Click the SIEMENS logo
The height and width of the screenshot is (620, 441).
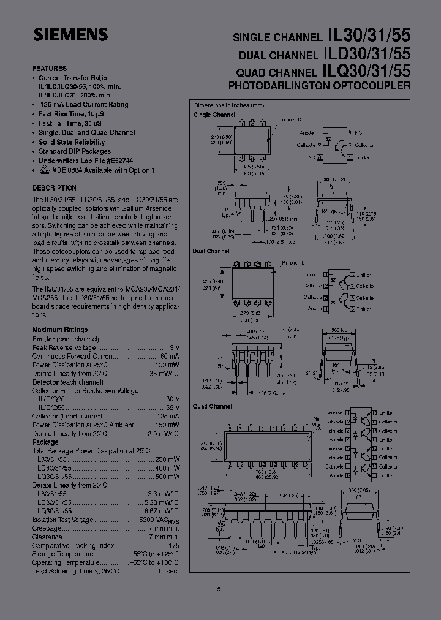pyautogui.click(x=70, y=34)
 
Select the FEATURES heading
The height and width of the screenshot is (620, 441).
pyautogui.click(x=50, y=69)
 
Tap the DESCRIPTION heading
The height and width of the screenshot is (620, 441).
pyautogui.click(x=55, y=188)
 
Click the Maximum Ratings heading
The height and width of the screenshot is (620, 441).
pyautogui.click(x=60, y=330)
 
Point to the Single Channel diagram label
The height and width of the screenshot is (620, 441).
pyautogui.click(x=214, y=115)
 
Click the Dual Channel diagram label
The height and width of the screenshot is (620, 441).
pyautogui.click(x=211, y=251)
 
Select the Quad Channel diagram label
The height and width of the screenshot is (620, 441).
pyautogui.click(x=213, y=406)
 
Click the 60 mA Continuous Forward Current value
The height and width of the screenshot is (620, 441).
pyautogui.click(x=170, y=356)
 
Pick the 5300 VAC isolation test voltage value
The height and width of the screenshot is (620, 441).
pyautogui.click(x=162, y=519)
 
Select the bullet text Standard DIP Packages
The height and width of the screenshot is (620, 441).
pyautogui.click(x=75, y=151)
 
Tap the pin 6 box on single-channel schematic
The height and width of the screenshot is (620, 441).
pyautogui.click(x=350, y=132)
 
